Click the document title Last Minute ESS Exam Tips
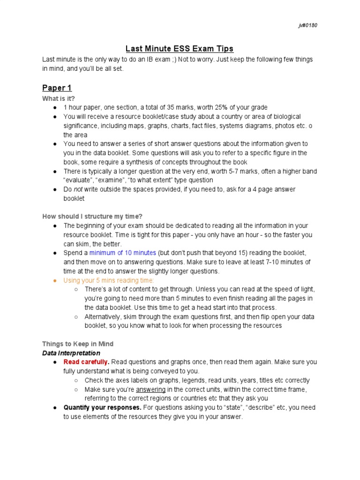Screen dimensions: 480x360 coord(179,49)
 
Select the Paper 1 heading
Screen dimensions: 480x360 coord(57,88)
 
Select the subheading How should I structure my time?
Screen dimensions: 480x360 coord(92,217)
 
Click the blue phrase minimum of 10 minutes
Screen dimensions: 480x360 coord(123,253)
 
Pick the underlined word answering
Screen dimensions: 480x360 coord(150,390)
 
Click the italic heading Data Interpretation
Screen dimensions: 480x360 coord(71,353)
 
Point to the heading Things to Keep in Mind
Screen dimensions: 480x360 coord(78,344)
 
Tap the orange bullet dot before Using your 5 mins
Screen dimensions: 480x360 coord(55,280)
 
